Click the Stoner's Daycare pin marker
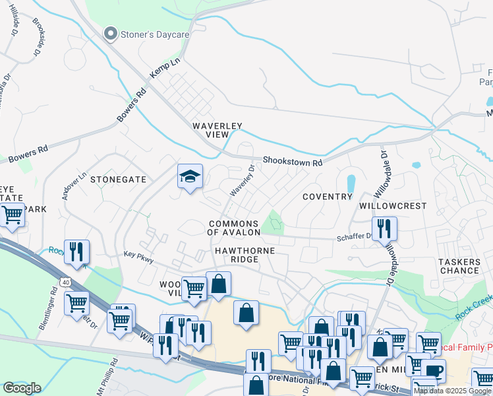coord(111,34)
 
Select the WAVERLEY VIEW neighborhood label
coord(217,130)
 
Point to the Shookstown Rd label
coord(292,162)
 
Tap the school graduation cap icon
coord(190,176)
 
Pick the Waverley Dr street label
coord(242,180)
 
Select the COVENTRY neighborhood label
coord(327,197)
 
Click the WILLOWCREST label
coord(393,206)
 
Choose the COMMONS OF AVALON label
coord(233,228)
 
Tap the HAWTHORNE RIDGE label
coord(244,255)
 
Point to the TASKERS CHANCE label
coord(459,266)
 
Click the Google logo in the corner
coord(22,388)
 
